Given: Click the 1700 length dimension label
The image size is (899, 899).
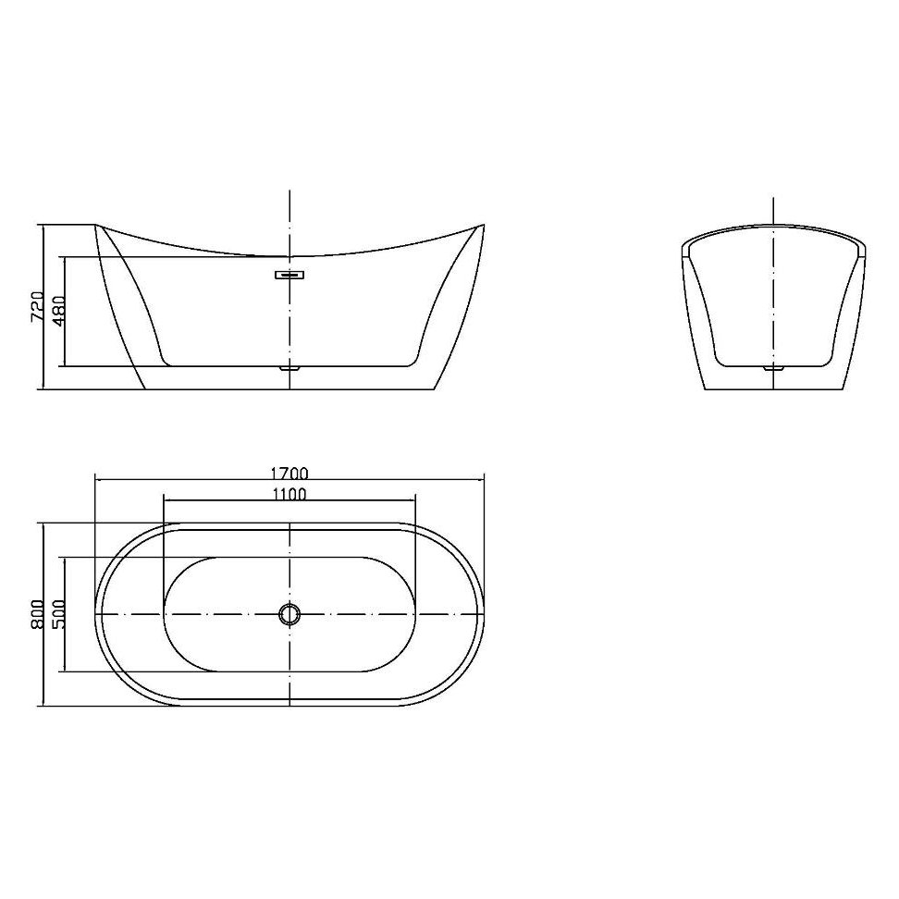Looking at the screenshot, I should point(290,473).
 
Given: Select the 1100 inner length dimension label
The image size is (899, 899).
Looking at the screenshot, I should point(290,494).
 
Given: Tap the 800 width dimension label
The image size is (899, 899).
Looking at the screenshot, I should point(38,614).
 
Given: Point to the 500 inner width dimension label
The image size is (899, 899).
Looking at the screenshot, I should point(59,614).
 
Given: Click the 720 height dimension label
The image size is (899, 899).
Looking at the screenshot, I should point(38,306).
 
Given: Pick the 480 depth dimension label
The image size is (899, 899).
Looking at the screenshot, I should point(58,311).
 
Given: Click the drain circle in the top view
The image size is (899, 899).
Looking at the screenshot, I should point(290,614).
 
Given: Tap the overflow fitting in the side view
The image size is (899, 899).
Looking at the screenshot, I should point(290,274).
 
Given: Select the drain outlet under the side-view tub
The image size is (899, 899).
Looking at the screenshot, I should point(290,367).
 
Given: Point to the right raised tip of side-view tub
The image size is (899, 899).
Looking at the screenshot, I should point(482,225).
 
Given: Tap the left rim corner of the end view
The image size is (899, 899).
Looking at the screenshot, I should point(683,246).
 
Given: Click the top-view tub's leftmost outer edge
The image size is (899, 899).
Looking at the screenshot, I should point(96,614).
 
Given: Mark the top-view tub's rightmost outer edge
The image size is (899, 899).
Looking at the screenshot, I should point(484,614).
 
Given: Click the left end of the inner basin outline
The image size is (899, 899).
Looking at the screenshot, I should point(165,614).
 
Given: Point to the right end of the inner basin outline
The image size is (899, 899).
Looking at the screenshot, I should point(416,614).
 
